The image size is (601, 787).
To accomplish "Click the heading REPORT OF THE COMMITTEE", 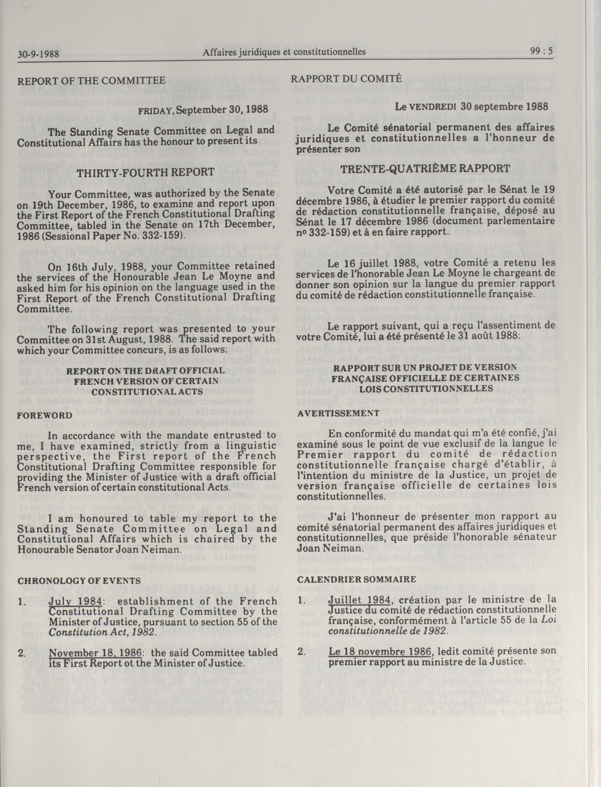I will pyautogui.click(x=91, y=81).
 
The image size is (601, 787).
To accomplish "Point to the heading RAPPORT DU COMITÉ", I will pyautogui.click(x=346, y=78).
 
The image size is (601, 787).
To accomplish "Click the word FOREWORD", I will pyautogui.click(x=45, y=416).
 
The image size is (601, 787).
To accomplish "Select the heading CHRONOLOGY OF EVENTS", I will pyautogui.click(x=79, y=581).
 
